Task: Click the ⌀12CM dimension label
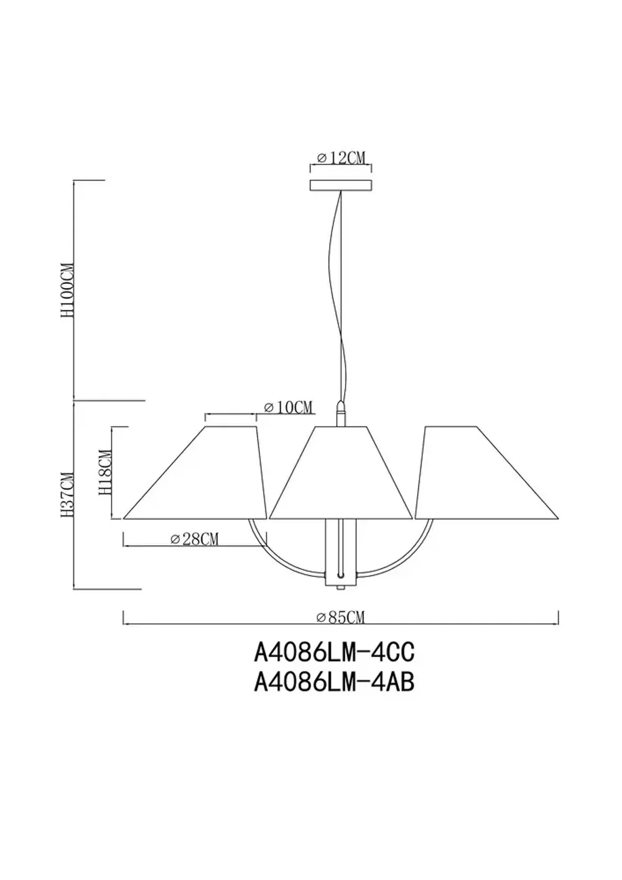341,158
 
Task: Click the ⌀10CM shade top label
289,408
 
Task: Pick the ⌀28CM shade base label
195,539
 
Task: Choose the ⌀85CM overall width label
340,617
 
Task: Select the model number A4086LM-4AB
334,683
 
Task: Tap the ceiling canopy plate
341,185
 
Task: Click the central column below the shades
340,551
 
